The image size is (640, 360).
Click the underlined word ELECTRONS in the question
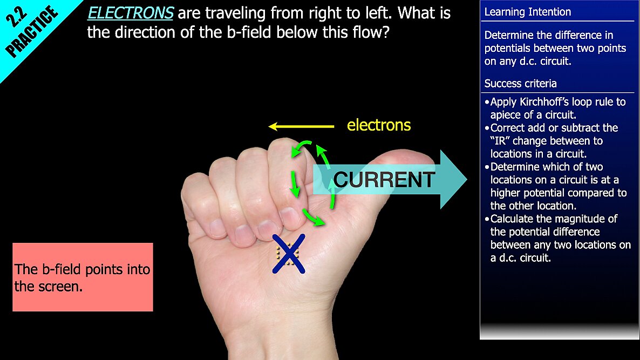(131, 13)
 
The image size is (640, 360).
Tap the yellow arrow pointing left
(301, 126)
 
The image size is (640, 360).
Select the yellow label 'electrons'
(379, 125)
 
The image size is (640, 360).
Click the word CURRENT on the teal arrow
(384, 180)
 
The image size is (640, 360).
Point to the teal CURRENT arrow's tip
(467, 179)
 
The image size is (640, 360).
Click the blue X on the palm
(289, 254)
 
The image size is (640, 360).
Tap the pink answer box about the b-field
(83, 277)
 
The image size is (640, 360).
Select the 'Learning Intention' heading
(528, 12)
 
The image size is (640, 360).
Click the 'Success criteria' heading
(520, 84)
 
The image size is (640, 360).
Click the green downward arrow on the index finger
(294, 184)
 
